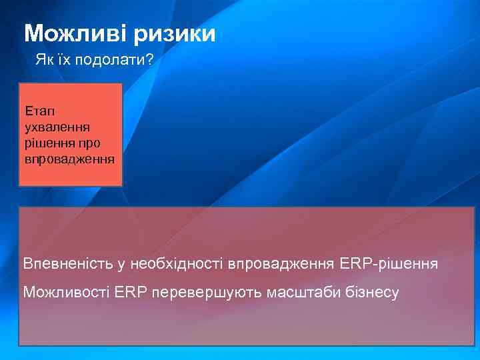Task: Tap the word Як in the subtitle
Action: (x=43, y=61)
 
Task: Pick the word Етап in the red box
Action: (x=37, y=109)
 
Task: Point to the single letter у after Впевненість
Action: (x=121, y=265)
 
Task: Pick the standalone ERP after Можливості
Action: (x=129, y=292)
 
